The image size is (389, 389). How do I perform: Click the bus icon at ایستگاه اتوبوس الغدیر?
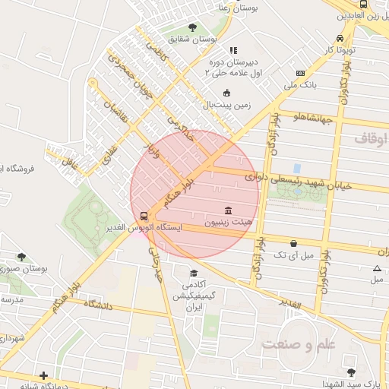pos(143,216)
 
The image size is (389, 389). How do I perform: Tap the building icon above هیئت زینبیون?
pos(229,210)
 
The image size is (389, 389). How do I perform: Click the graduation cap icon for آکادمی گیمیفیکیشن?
pos(194,274)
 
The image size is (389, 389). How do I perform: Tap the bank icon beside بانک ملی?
pos(301,74)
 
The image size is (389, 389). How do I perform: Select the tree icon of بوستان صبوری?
pos(21,257)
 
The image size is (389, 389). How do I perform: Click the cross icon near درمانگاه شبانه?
pos(44,375)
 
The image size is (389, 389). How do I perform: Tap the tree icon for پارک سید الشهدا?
pos(350,372)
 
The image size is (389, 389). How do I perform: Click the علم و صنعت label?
pos(298,345)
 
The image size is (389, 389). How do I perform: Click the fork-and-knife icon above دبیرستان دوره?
pos(233,50)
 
